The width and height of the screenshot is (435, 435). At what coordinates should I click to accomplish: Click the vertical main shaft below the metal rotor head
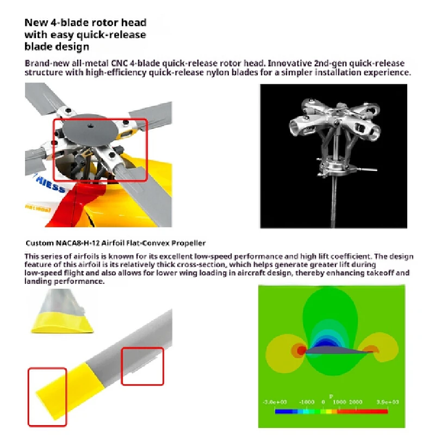coord(333,201)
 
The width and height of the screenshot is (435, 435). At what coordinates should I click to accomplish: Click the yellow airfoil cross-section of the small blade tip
coord(60,325)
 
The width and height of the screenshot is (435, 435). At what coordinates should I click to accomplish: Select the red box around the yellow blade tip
coord(47,397)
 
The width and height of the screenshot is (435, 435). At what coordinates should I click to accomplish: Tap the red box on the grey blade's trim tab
coord(142,366)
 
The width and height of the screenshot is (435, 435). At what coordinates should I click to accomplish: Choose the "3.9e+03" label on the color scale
coord(387,401)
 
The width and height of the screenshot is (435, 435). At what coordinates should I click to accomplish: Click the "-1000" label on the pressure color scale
coord(308,401)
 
